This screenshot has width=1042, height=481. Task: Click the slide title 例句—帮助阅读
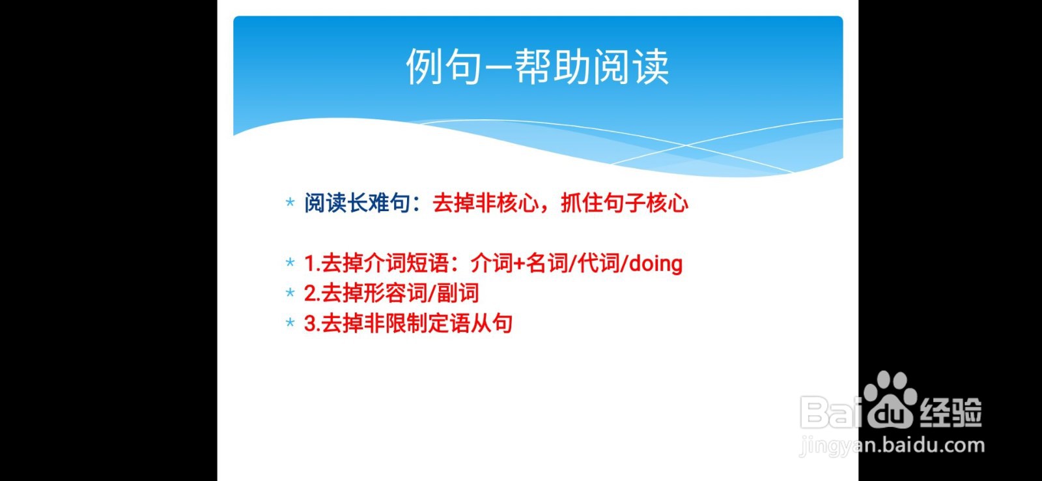(x=537, y=66)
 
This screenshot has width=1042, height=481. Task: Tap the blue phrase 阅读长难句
(x=357, y=203)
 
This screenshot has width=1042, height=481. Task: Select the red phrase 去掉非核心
(x=486, y=203)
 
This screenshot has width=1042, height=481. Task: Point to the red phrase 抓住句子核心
(x=625, y=203)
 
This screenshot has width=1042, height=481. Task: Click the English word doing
(x=656, y=263)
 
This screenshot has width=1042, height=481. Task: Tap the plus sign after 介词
(x=519, y=263)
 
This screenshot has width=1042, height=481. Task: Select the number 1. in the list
(x=312, y=263)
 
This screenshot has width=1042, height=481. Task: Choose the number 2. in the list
(x=312, y=293)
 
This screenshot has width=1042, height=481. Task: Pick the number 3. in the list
(x=312, y=323)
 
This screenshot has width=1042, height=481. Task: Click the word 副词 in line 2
(x=458, y=293)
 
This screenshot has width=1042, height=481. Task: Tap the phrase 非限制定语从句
(x=438, y=323)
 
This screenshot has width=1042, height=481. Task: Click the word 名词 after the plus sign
(x=547, y=263)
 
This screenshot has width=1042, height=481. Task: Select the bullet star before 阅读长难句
(x=290, y=203)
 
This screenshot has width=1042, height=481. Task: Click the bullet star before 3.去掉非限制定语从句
(x=290, y=323)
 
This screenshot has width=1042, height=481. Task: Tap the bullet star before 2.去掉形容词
(x=290, y=293)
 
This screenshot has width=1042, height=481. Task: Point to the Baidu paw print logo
(x=890, y=399)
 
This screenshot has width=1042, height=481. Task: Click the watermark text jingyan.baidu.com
(x=892, y=446)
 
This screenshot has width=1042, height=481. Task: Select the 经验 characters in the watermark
(x=951, y=413)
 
